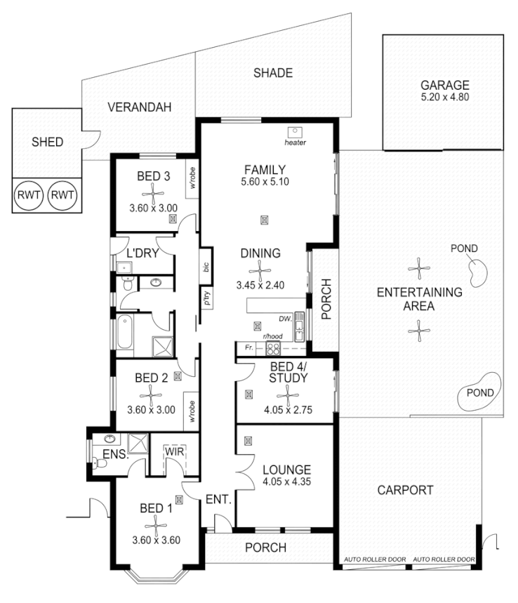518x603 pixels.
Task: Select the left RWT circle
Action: [x=29, y=194]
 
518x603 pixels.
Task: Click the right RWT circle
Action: [x=63, y=194]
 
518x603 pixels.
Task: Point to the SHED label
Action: [x=48, y=142]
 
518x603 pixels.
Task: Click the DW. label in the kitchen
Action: [x=284, y=319]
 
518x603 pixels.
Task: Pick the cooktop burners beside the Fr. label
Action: [x=272, y=348]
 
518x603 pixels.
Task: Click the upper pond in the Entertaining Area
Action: [x=478, y=270]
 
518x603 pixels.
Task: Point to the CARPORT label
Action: [x=405, y=491]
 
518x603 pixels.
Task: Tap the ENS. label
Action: [x=113, y=455]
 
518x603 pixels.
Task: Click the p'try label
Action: [x=206, y=298]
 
